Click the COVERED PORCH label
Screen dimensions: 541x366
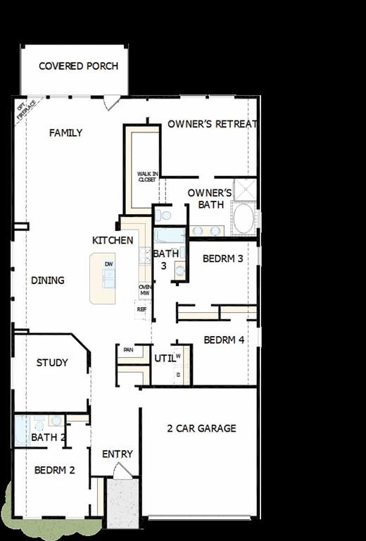(78, 66)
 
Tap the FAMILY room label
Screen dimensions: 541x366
(65, 132)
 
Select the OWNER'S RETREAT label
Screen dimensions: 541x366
(212, 124)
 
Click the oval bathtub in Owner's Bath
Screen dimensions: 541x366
(244, 219)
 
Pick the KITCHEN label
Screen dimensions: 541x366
(113, 240)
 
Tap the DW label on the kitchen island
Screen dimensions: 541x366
(108, 264)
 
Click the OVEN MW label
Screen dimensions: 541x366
(145, 290)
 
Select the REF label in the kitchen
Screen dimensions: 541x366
(141, 309)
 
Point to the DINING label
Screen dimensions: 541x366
(48, 280)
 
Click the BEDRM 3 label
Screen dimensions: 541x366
(222, 259)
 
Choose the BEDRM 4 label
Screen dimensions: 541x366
(224, 340)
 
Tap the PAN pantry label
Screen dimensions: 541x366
(128, 349)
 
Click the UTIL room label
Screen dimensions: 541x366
(164, 359)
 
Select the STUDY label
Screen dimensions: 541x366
(52, 363)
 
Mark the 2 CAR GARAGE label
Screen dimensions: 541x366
(201, 428)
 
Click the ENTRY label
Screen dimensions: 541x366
(117, 454)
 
